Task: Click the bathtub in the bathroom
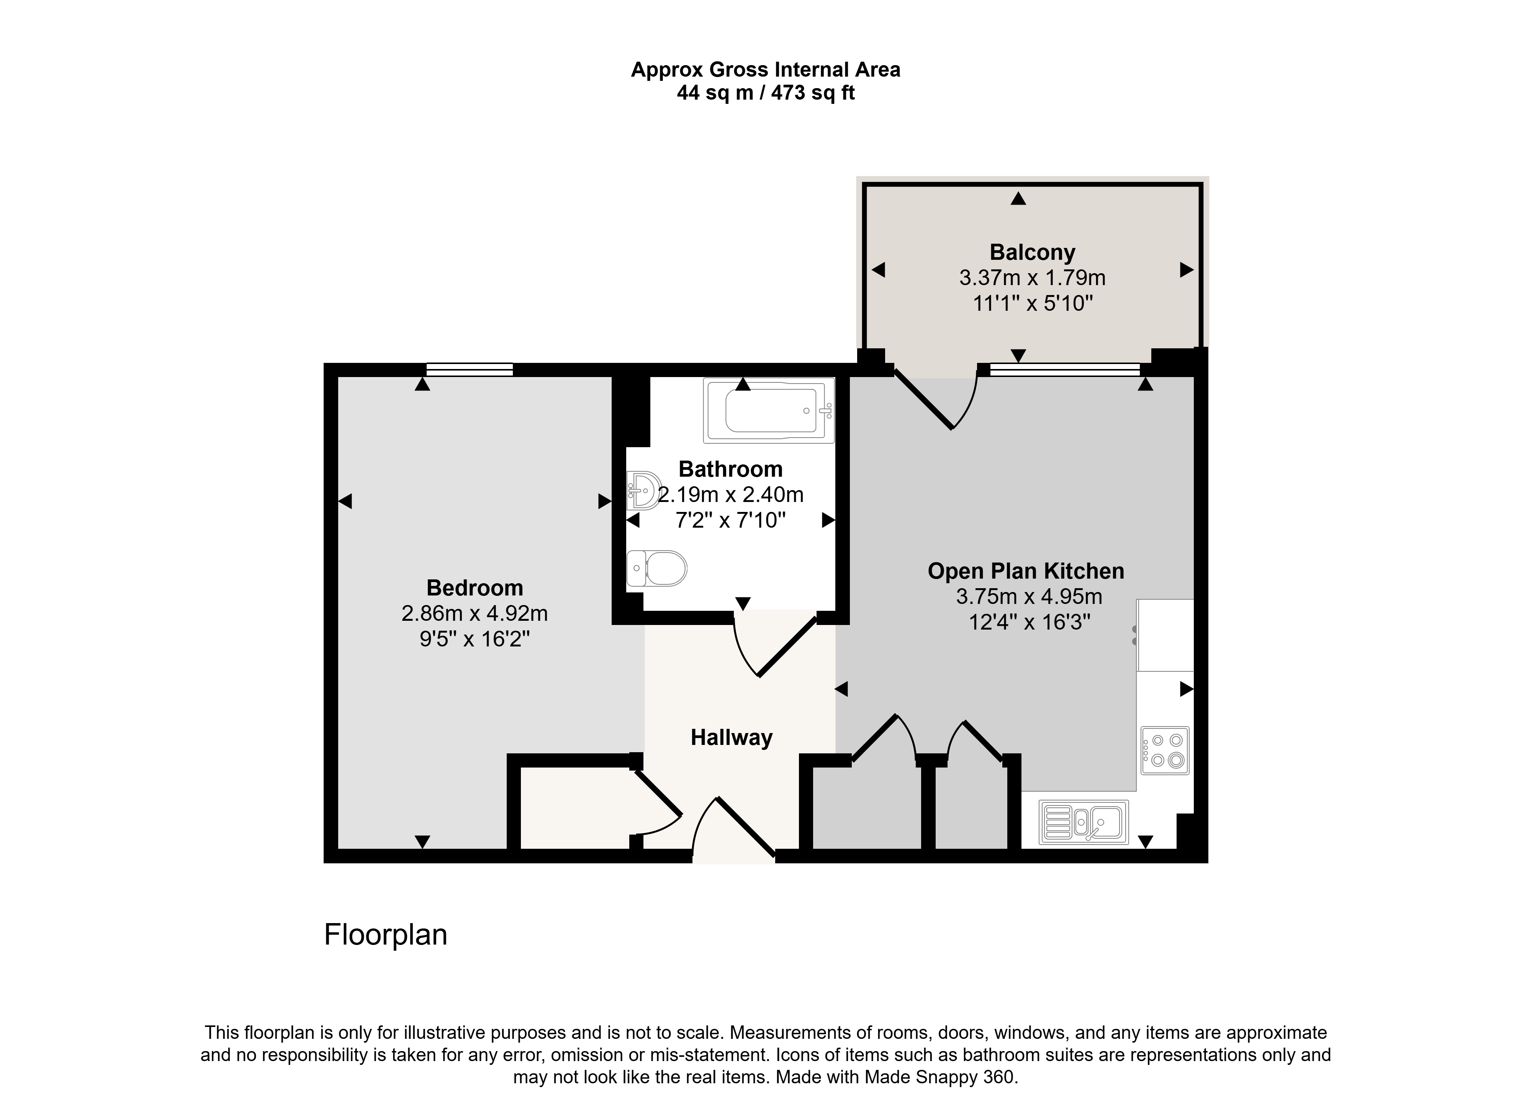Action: [x=768, y=410]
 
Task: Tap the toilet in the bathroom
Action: [x=656, y=568]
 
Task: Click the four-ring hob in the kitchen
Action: [x=1164, y=751]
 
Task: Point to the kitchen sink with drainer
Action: [x=1084, y=822]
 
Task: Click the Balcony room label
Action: [x=1032, y=252]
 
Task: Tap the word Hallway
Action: [x=731, y=738]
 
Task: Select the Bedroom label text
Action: [x=475, y=587]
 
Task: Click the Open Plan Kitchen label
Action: [x=1025, y=571]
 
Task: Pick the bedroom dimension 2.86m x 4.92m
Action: [x=475, y=613]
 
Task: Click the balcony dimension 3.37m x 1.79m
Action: [x=1032, y=278]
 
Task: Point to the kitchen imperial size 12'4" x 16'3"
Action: [x=1029, y=622]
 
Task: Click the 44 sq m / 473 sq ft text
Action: [x=766, y=93]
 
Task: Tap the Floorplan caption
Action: [x=385, y=935]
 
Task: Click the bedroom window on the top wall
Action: [x=470, y=370]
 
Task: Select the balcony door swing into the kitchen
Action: [x=936, y=400]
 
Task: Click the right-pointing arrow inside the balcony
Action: [x=1187, y=270]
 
